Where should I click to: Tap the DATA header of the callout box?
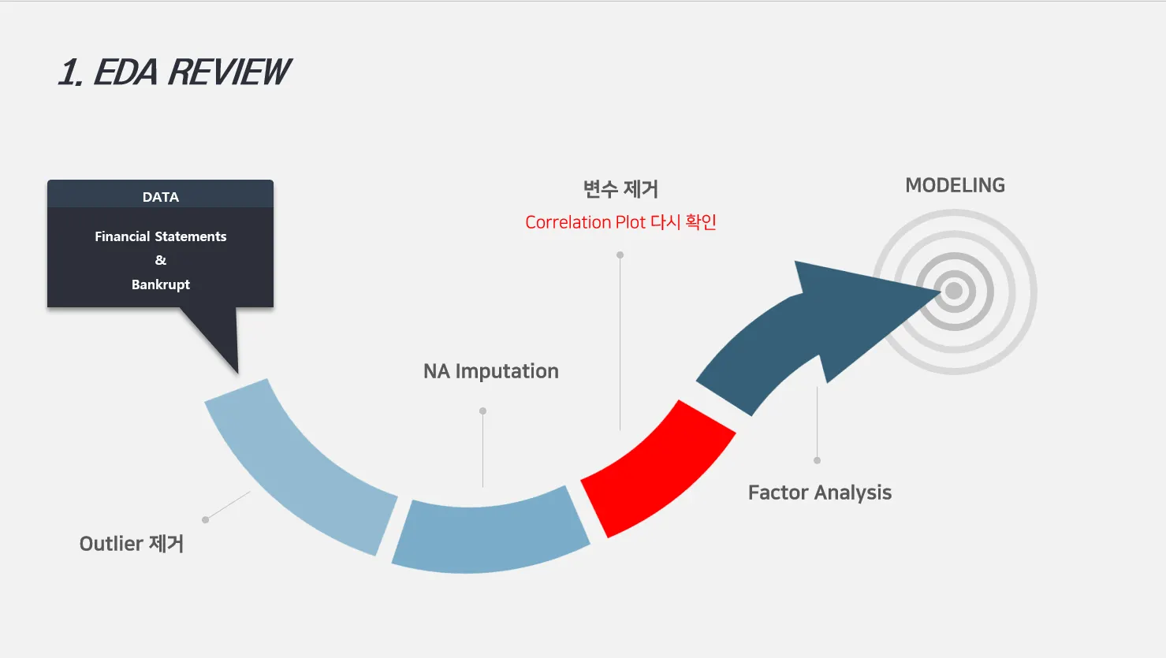point(160,196)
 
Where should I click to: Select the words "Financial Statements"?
point(160,236)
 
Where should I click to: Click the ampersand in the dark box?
point(160,260)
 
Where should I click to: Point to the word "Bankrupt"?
point(160,284)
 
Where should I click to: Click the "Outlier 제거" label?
point(132,544)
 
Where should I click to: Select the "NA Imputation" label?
point(490,371)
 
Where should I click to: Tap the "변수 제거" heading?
point(620,189)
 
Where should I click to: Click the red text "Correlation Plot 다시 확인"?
point(620,222)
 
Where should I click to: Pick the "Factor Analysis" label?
point(819,493)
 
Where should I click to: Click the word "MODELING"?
point(955,185)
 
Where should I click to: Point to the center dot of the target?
point(954,291)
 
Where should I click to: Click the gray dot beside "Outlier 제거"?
point(206,519)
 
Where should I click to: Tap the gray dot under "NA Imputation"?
point(482,411)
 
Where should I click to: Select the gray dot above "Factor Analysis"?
point(817,460)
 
